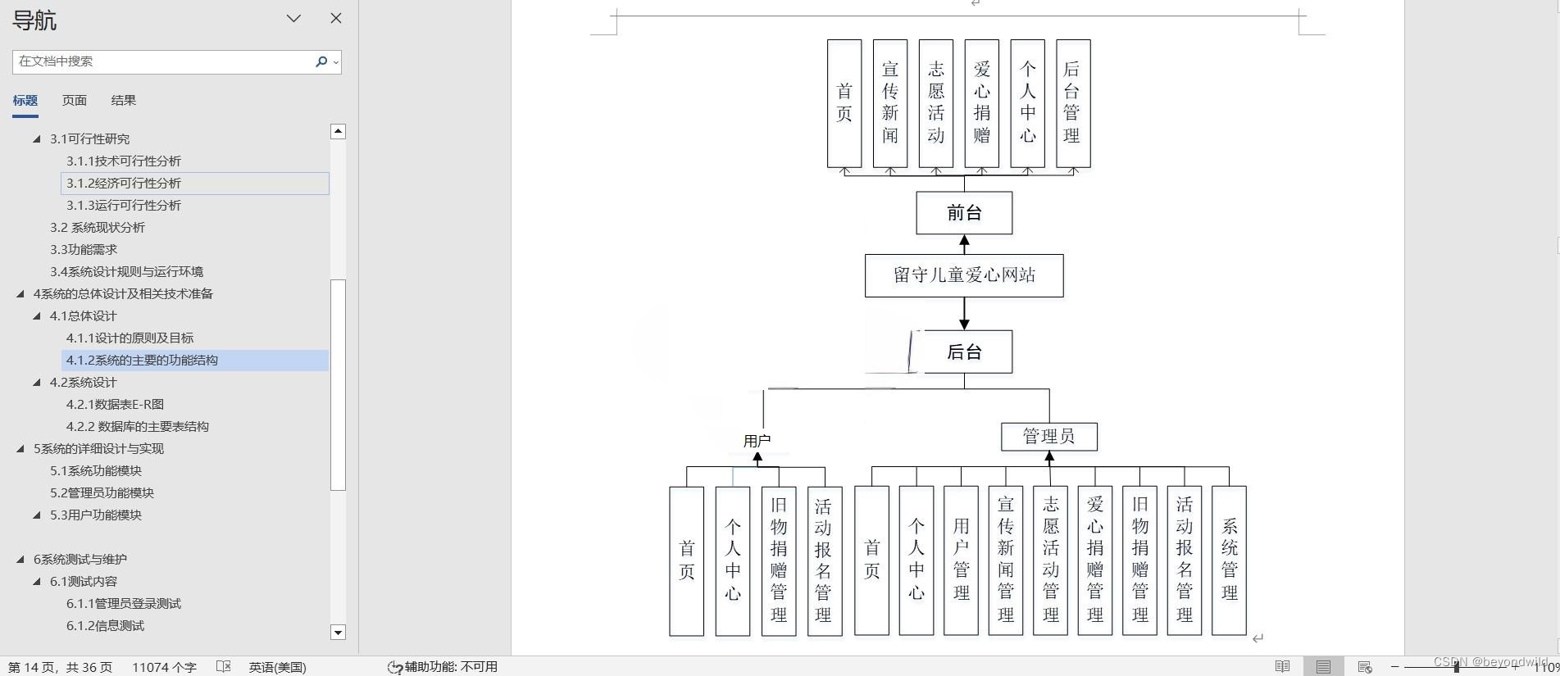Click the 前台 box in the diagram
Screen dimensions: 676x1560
coord(964,213)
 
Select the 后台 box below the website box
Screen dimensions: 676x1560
coord(964,352)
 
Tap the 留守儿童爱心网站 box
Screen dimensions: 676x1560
coord(964,275)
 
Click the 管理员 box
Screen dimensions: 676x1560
coord(1048,437)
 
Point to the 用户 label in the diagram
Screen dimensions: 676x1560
coord(757,441)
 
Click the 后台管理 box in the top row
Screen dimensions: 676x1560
coord(1072,103)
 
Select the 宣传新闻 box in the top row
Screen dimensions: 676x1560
coord(889,103)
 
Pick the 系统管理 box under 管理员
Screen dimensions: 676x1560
coord(1229,560)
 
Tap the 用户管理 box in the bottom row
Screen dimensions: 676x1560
coord(961,560)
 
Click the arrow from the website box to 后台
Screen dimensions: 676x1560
coord(964,314)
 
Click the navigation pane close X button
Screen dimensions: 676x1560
coord(336,18)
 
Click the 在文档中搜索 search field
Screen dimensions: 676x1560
coord(164,61)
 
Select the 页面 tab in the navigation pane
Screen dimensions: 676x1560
coord(75,100)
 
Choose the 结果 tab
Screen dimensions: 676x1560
coord(124,100)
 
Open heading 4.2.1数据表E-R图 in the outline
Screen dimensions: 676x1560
coord(115,404)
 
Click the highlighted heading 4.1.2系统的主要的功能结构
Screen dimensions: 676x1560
coord(142,360)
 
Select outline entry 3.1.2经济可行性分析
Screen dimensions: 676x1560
coord(124,183)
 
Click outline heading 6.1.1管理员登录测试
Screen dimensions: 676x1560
coord(124,603)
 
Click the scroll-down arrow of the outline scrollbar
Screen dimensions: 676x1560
coord(338,632)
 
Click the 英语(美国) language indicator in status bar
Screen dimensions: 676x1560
coord(277,667)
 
